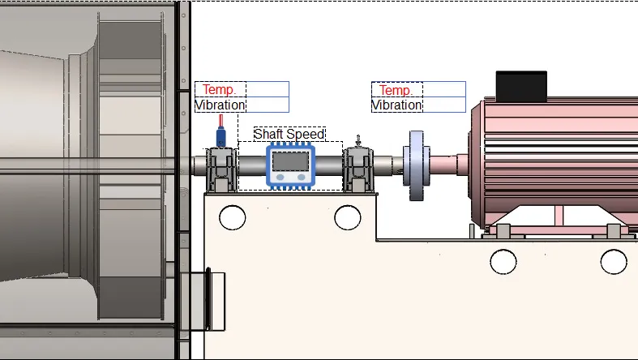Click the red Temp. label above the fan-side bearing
[220, 89]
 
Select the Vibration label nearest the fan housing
[221, 105]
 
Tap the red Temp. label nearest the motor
[396, 90]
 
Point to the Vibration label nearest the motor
[397, 105]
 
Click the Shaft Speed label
[289, 134]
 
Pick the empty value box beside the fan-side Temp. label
[268, 89]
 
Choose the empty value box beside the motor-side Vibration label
[444, 105]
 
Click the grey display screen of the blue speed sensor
[290, 161]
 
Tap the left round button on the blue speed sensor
[280, 178]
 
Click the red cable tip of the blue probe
[221, 121]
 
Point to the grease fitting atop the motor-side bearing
[358, 141]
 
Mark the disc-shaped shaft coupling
[416, 165]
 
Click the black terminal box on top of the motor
[521, 86]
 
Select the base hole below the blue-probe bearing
[233, 217]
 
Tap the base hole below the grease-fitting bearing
[348, 217]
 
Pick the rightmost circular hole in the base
[614, 262]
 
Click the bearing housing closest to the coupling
[358, 169]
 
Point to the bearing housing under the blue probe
[221, 169]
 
